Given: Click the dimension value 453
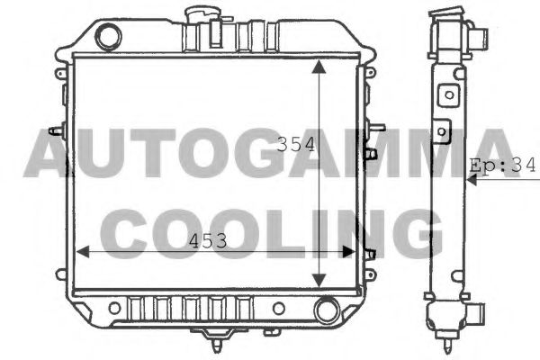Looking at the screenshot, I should [x=208, y=240].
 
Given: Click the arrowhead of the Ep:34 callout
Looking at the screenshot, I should [x=469, y=178].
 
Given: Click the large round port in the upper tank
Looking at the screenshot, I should [x=108, y=37].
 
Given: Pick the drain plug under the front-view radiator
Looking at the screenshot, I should [x=217, y=339].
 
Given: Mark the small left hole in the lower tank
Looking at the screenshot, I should [x=113, y=310].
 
